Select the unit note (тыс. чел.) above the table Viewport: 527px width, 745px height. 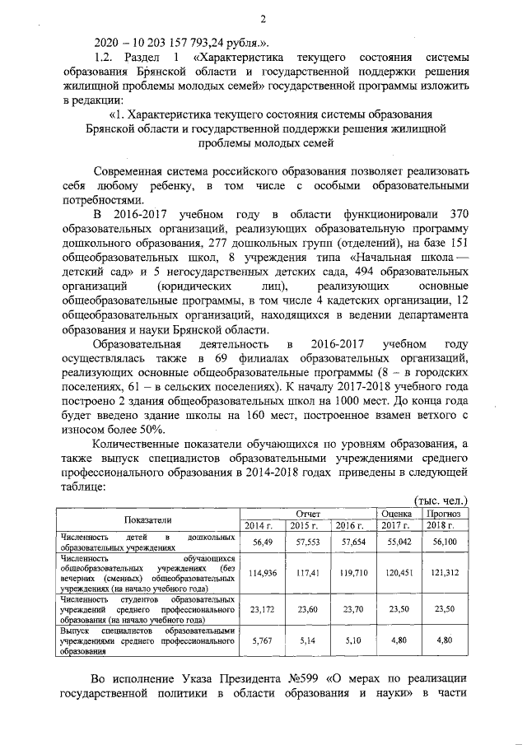click(438, 500)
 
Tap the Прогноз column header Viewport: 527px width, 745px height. click(445, 513)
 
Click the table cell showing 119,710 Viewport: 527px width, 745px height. click(352, 573)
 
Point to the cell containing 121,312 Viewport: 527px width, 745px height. click(445, 573)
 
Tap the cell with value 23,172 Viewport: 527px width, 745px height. click(262, 610)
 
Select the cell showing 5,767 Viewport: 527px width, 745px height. click(262, 640)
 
